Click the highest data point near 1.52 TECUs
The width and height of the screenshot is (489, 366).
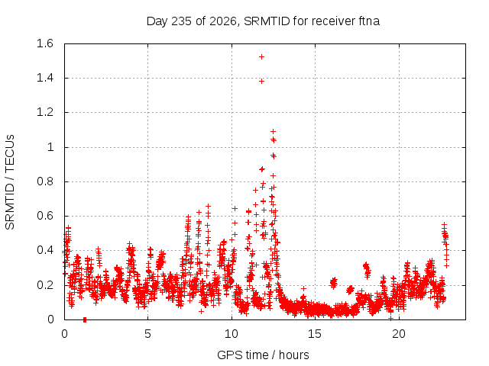click(x=261, y=56)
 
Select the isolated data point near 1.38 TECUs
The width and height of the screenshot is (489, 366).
click(x=261, y=82)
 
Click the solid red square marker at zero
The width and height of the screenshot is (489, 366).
click(x=85, y=319)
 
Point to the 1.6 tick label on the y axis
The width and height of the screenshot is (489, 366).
click(x=45, y=43)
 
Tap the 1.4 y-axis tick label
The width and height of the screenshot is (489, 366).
click(x=45, y=78)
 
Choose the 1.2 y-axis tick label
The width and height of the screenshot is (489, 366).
click(x=45, y=112)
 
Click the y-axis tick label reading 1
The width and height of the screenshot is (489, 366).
click(x=50, y=147)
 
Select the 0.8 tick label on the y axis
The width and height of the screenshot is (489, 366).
click(x=45, y=181)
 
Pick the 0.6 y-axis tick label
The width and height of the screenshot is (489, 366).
click(x=45, y=216)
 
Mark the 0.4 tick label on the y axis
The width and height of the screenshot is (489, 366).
click(x=45, y=250)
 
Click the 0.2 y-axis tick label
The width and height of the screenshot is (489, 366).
click(x=45, y=285)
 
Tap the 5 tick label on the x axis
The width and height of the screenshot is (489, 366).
click(x=147, y=334)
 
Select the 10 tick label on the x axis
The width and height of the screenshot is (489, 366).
click(x=232, y=334)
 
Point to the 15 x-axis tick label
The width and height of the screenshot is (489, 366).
click(x=315, y=334)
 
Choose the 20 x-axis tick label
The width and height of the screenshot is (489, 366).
click(x=399, y=334)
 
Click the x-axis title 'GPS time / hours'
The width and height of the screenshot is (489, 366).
click(x=263, y=355)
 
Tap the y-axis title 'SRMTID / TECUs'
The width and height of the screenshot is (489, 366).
click(x=10, y=182)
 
